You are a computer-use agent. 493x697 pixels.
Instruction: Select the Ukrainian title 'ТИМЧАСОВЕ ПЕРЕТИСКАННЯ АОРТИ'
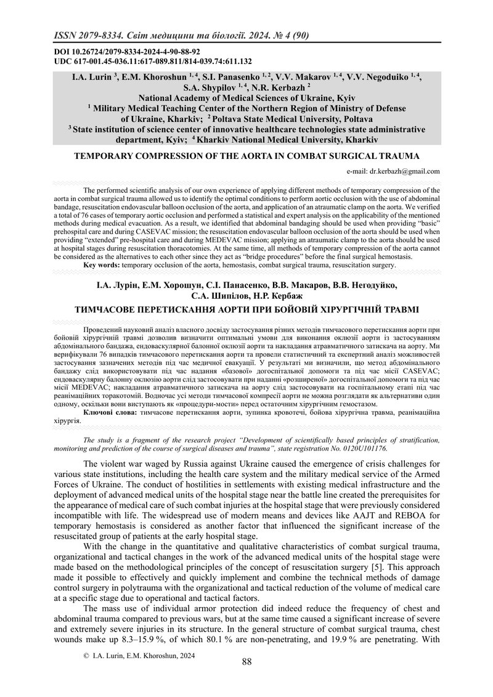pos(246,309)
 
